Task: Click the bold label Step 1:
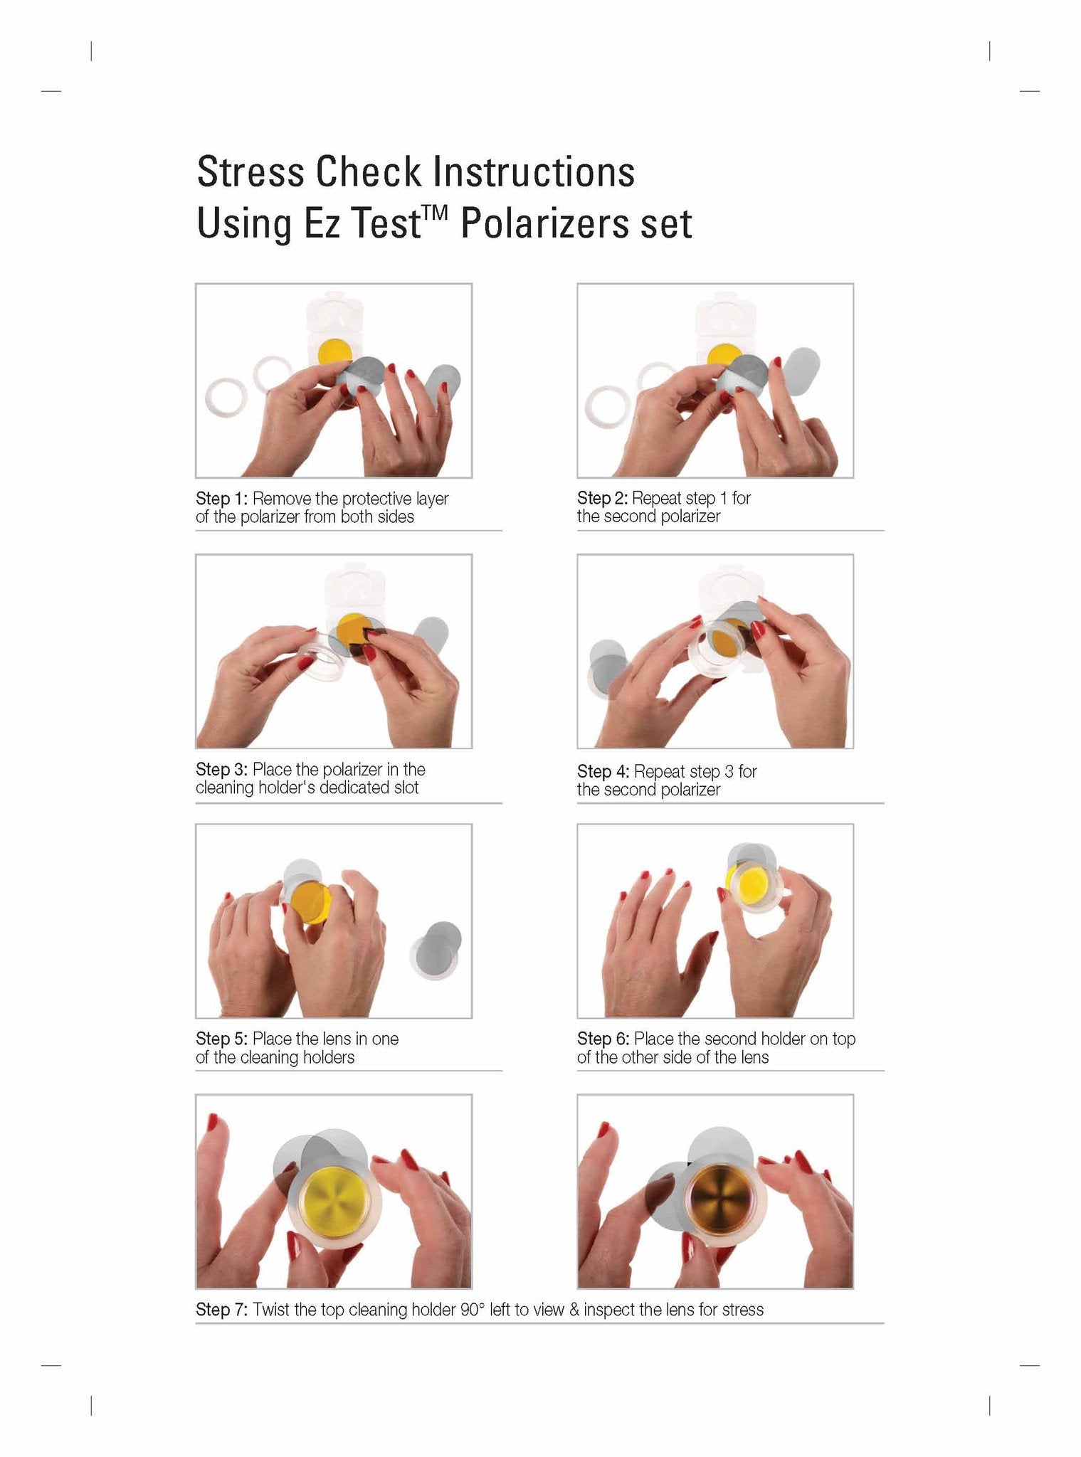pos(221,498)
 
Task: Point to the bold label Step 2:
pos(602,498)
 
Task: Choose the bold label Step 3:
pos(221,769)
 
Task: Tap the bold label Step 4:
pos(603,771)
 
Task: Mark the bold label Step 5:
pos(221,1039)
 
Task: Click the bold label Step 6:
pos(603,1039)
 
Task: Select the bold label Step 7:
pos(221,1310)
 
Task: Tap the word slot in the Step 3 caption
pos(406,788)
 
